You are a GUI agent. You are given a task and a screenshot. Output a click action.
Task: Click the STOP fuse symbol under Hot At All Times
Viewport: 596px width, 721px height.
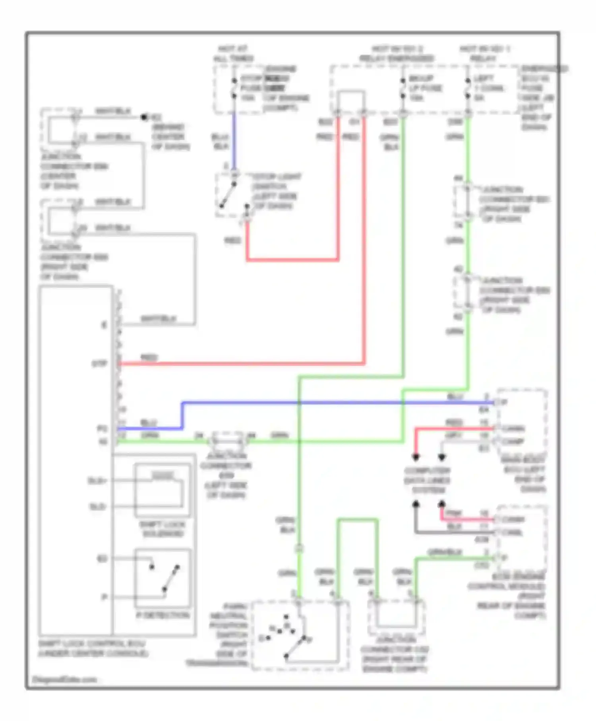click(x=234, y=88)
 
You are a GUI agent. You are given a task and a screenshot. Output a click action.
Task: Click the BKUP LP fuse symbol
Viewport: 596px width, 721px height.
click(x=403, y=88)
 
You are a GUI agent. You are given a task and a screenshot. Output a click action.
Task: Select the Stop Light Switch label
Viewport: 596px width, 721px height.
click(x=277, y=191)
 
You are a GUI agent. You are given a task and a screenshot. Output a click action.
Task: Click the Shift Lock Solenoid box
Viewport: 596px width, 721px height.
click(x=163, y=490)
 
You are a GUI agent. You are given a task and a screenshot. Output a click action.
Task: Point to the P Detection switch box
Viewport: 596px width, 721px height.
click(x=163, y=578)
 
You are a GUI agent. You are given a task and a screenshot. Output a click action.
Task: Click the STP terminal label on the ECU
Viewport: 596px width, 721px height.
click(x=99, y=364)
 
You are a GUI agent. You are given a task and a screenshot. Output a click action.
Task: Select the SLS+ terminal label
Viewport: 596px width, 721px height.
click(x=97, y=481)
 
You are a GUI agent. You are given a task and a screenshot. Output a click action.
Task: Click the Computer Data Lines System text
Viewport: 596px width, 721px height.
click(x=428, y=480)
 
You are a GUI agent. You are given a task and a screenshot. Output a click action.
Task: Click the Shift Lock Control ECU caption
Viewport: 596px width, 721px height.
click(x=93, y=648)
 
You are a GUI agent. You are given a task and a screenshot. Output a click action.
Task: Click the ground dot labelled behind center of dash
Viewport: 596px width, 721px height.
click(x=144, y=117)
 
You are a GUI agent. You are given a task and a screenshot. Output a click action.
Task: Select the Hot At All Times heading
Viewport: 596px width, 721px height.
click(x=234, y=54)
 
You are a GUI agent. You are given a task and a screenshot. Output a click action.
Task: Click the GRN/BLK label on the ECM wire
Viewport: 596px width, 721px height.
click(x=445, y=552)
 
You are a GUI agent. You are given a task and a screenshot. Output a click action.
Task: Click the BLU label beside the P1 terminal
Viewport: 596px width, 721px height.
click(x=149, y=422)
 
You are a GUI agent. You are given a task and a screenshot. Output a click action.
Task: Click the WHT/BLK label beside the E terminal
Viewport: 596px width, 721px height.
click(x=158, y=319)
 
